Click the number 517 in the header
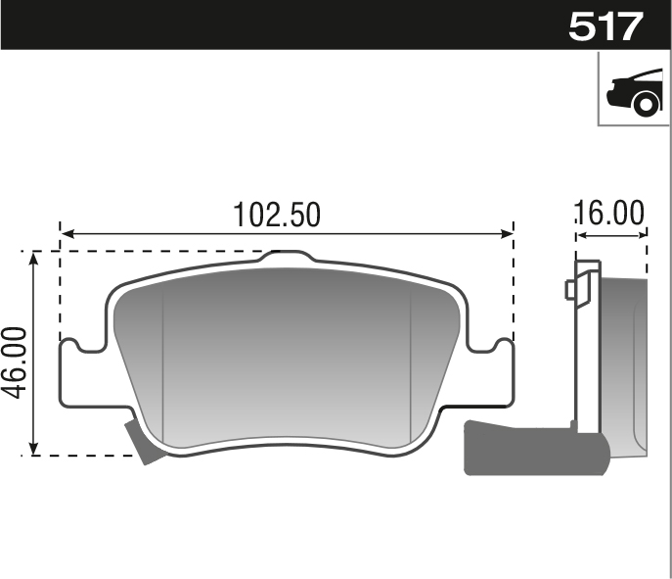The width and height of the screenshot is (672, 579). [606, 24]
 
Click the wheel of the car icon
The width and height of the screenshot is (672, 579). [646, 103]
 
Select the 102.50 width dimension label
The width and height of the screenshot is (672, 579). [277, 215]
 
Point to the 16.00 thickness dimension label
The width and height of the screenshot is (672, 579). [609, 213]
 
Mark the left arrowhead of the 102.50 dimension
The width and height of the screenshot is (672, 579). [67, 234]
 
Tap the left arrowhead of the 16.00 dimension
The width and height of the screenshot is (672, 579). [578, 233]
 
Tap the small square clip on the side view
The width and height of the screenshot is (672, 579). [570, 290]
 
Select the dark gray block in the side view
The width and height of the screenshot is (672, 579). [533, 448]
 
